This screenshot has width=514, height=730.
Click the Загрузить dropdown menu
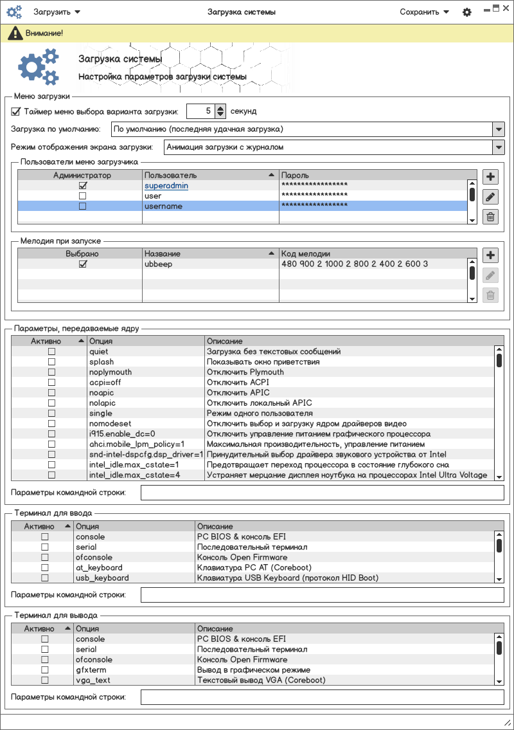click(x=57, y=12)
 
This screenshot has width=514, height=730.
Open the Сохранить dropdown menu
click(x=423, y=12)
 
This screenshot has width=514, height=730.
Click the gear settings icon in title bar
click(x=467, y=12)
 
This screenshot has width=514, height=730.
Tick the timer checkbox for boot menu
click(x=16, y=111)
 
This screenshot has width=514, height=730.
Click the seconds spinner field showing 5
click(x=200, y=111)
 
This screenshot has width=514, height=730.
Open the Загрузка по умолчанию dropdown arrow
click(x=499, y=129)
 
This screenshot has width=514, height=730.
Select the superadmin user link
click(x=166, y=186)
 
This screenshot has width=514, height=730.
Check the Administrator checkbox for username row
click(x=82, y=206)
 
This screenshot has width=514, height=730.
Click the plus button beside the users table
click(x=490, y=178)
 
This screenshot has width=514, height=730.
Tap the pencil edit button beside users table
click(x=490, y=197)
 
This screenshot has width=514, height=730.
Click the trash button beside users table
click(x=490, y=217)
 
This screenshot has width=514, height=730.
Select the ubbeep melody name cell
click(x=158, y=264)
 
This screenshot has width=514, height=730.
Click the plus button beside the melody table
click(x=490, y=255)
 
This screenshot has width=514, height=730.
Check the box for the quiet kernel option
click(x=51, y=352)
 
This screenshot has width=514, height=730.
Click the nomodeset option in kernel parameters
click(x=110, y=424)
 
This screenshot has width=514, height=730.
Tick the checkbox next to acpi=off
click(x=51, y=383)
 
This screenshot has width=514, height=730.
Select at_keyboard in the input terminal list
click(x=99, y=568)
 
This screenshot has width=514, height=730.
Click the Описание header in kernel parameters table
click(x=224, y=341)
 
